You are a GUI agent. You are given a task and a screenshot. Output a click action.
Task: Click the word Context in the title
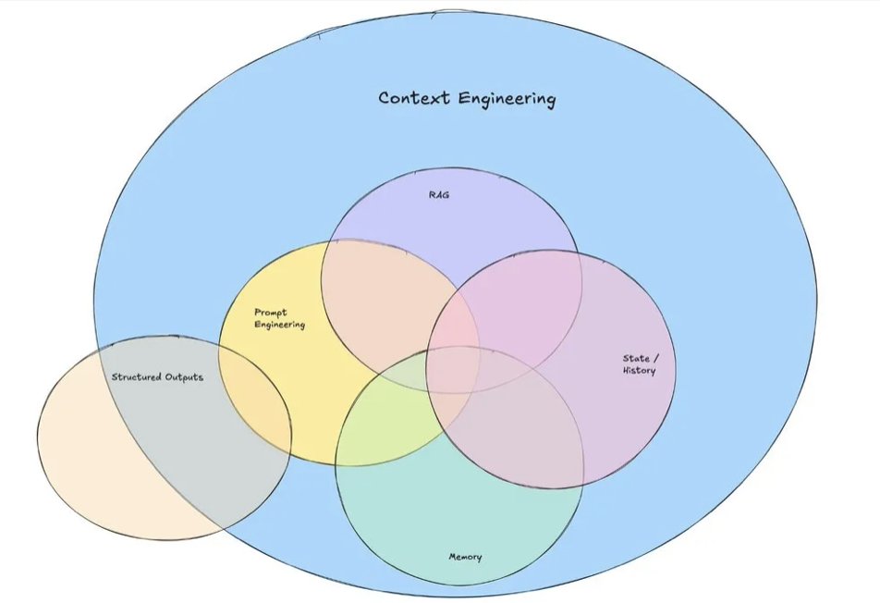(x=413, y=97)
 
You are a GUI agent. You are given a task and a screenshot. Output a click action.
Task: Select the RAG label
(x=439, y=196)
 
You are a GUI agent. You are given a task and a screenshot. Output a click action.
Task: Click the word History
(x=639, y=371)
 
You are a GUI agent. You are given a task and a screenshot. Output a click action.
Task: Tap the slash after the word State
(x=655, y=359)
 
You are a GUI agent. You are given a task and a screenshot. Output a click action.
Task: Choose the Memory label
(x=465, y=557)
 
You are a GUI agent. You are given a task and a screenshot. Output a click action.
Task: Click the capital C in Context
(x=385, y=97)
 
